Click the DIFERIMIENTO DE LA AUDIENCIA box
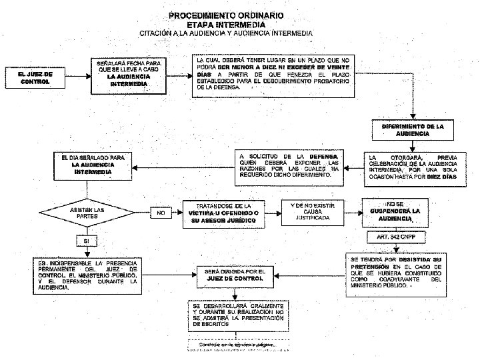(x=413, y=130)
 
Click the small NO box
(x=161, y=214)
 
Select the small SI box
(x=85, y=240)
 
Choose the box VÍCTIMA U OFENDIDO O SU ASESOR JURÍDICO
(x=225, y=211)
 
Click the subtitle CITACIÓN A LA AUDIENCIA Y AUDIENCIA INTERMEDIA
(x=230, y=33)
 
